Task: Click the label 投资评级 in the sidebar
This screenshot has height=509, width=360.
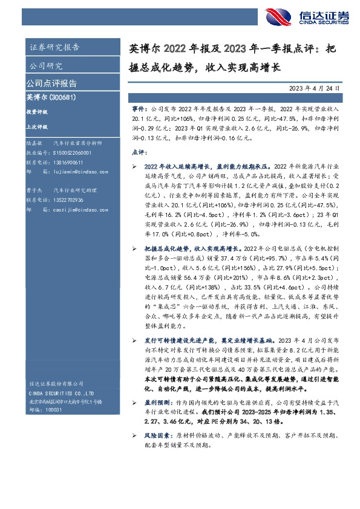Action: [37, 112]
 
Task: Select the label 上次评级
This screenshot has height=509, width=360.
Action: [37, 126]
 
